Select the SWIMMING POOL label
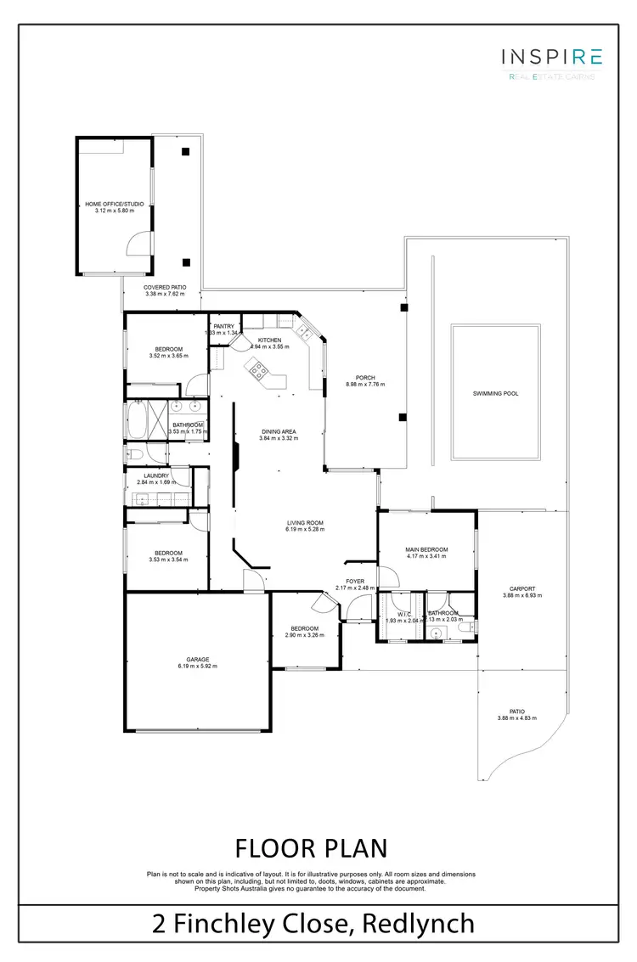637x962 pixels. click(x=495, y=394)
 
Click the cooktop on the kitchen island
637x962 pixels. click(x=257, y=369)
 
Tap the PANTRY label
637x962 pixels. click(x=223, y=326)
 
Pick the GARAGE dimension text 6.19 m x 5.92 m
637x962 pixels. click(x=198, y=666)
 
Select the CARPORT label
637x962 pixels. click(x=521, y=588)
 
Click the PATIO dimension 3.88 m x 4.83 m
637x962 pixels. click(x=517, y=718)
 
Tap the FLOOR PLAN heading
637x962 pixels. click(x=311, y=847)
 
